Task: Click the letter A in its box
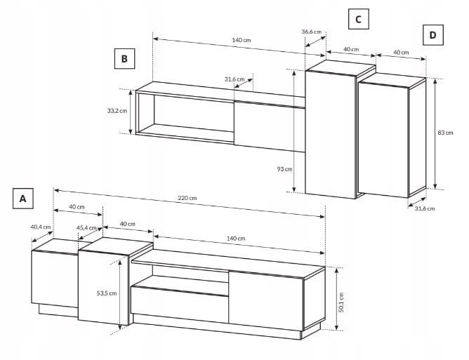click(x=22, y=199)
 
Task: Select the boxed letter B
click(x=124, y=59)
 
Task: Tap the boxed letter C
click(x=358, y=19)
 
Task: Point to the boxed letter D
click(x=432, y=35)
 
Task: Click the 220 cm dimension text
click(x=187, y=198)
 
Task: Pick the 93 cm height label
click(x=284, y=169)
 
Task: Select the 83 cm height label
click(x=445, y=133)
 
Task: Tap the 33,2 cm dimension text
click(x=117, y=111)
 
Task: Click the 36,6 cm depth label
click(x=311, y=32)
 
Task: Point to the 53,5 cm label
click(x=107, y=293)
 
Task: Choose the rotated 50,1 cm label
click(x=341, y=302)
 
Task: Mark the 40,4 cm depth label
click(x=41, y=227)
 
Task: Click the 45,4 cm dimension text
click(x=86, y=228)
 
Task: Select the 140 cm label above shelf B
click(x=242, y=40)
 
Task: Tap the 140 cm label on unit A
click(x=236, y=239)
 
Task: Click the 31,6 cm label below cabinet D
click(x=425, y=208)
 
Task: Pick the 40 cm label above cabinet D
click(x=401, y=53)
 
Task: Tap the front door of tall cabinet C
click(x=330, y=135)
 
